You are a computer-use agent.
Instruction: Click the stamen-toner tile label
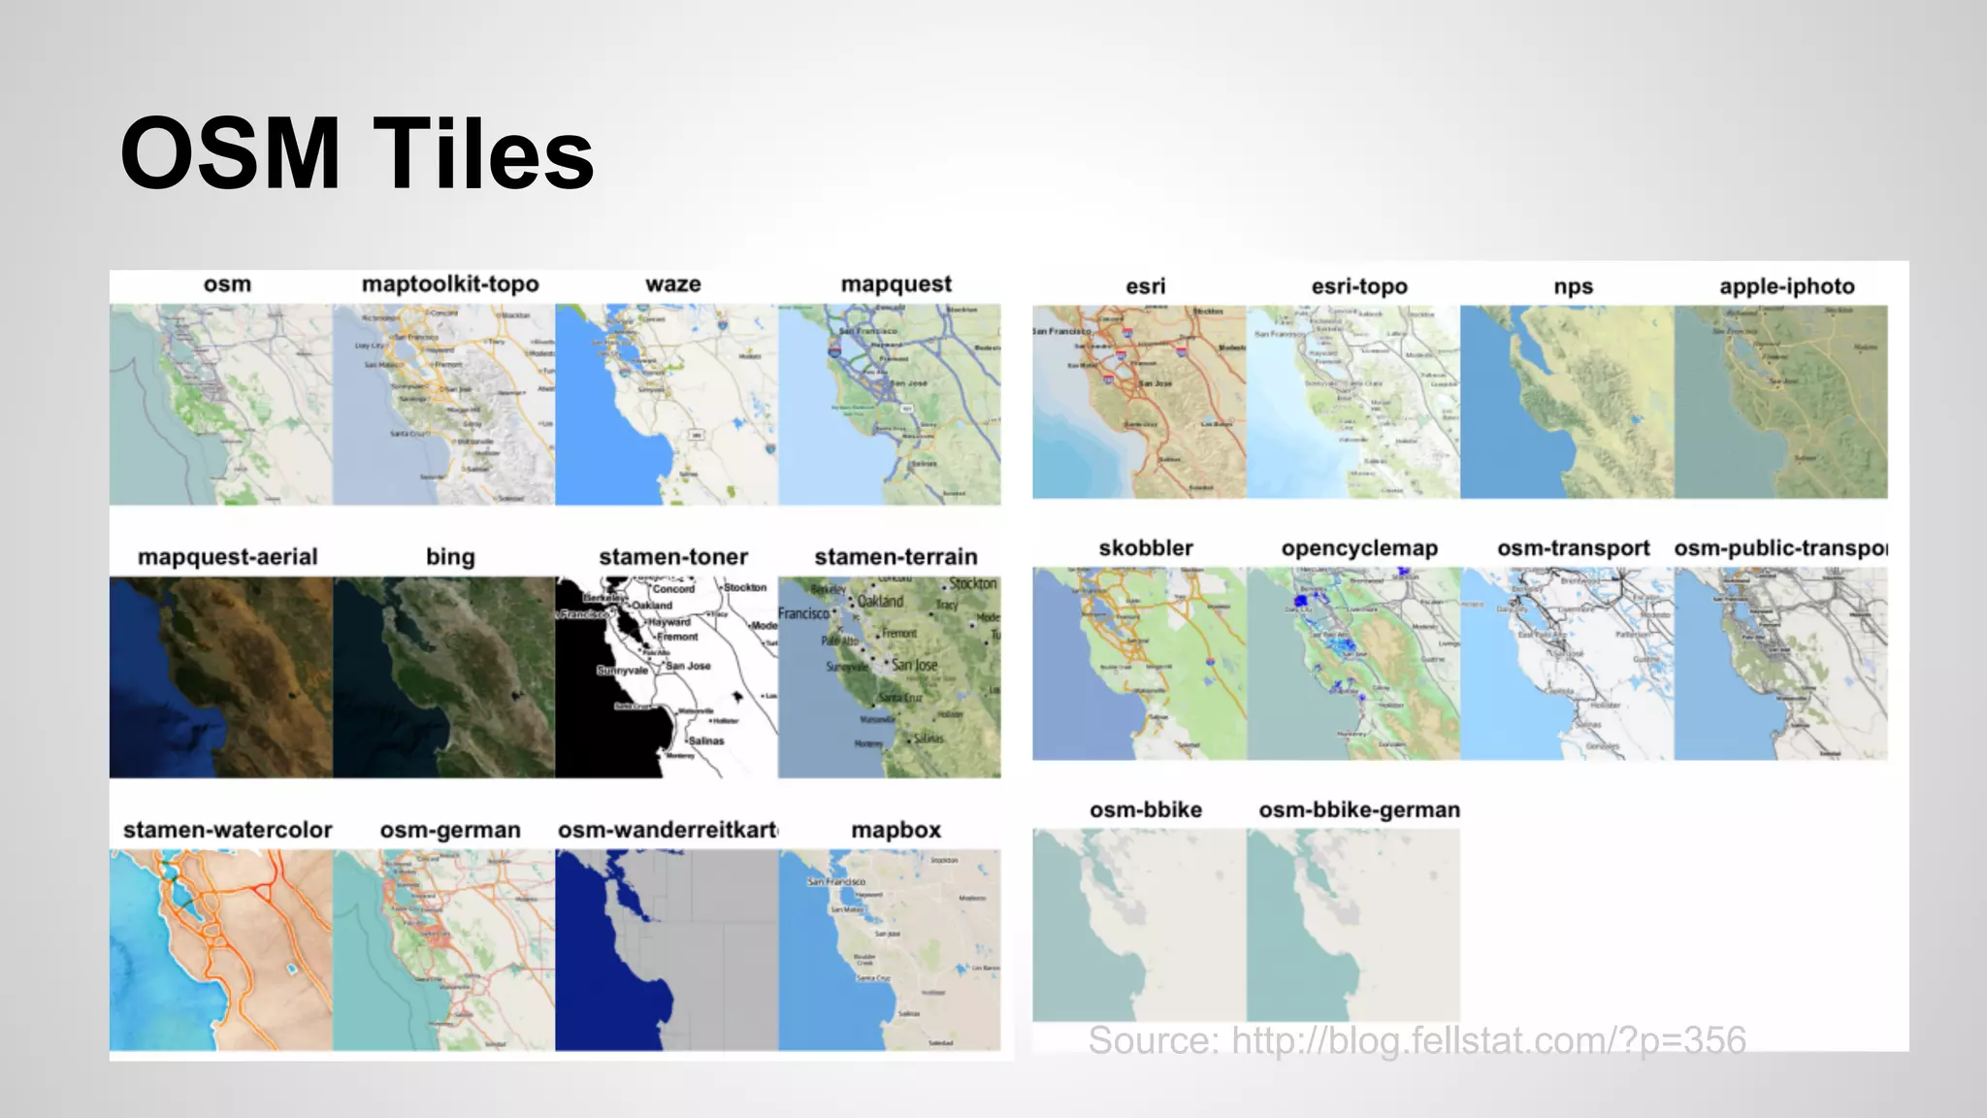[x=673, y=557]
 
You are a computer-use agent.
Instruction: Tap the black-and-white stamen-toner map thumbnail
[x=667, y=677]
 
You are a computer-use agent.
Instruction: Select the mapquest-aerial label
[x=228, y=557]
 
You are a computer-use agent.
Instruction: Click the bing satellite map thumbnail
[x=443, y=677]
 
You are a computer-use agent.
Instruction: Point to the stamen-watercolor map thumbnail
[x=221, y=950]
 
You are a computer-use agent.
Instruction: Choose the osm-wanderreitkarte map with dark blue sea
[x=667, y=950]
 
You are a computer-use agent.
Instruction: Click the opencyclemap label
[x=1359, y=548]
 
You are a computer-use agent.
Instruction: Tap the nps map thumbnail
[x=1567, y=402]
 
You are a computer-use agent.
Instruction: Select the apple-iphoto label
[x=1787, y=286]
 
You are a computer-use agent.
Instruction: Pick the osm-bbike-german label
[x=1359, y=810]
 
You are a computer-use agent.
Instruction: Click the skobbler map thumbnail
[x=1139, y=664]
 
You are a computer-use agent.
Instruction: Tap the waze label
[x=673, y=284]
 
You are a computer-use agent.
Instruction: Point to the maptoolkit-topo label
[x=450, y=284]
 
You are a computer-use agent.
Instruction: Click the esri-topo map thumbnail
[x=1352, y=402]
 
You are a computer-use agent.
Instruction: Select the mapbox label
[x=896, y=831]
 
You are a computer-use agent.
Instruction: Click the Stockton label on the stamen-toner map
[x=745, y=587]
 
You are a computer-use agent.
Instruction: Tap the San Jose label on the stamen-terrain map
[x=915, y=666]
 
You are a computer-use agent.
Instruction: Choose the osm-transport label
[x=1573, y=548]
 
